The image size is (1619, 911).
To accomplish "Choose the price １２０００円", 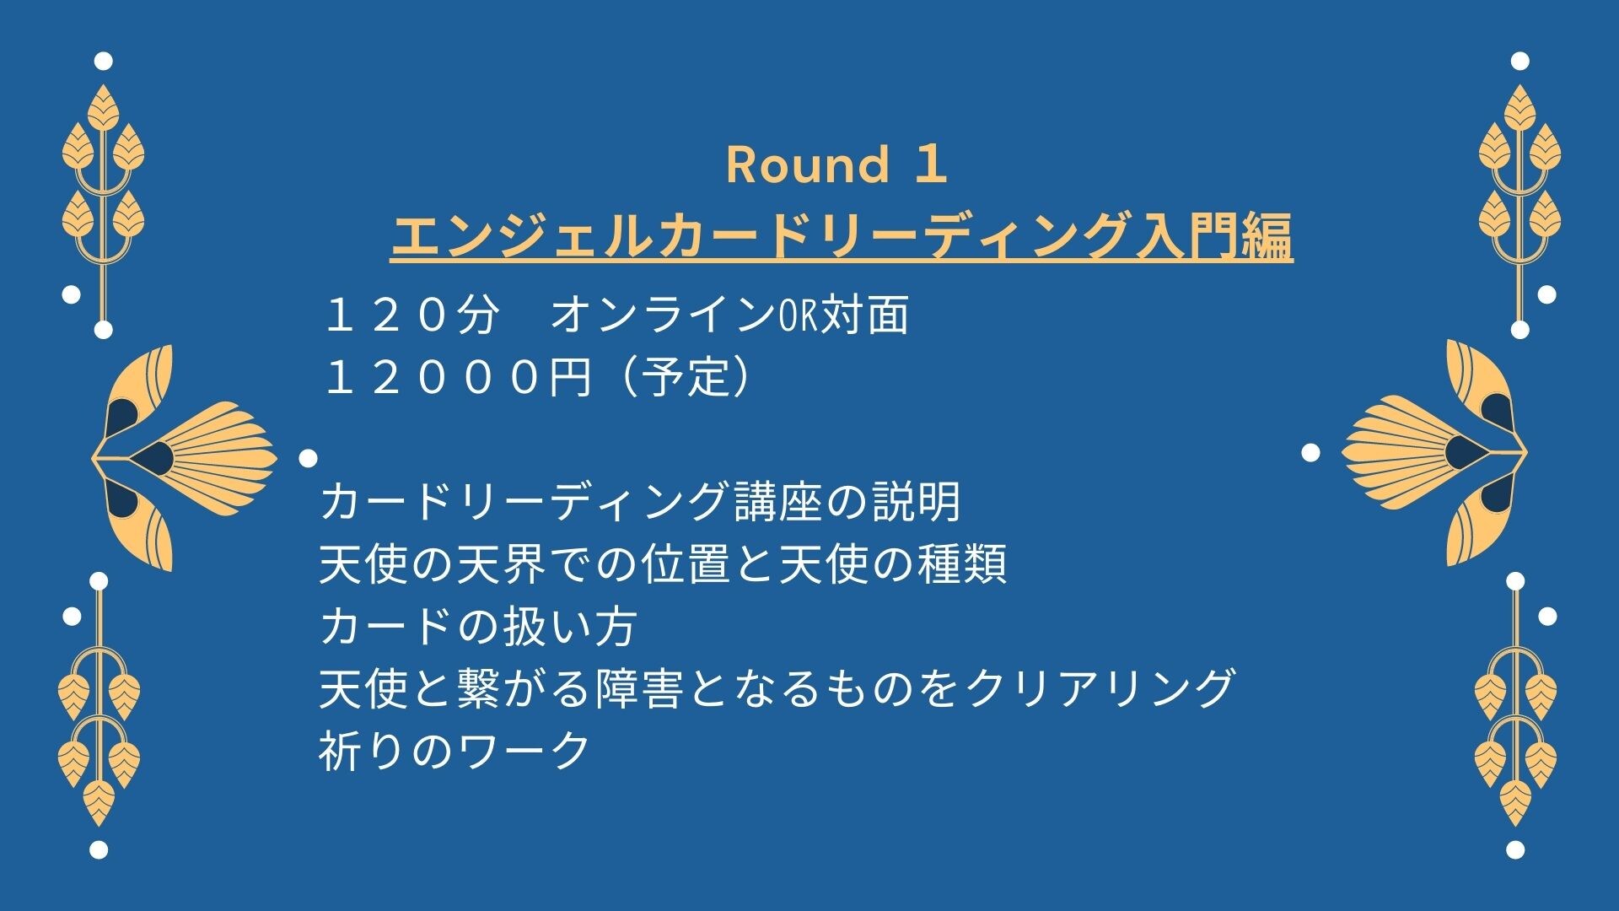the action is pyautogui.click(x=457, y=377).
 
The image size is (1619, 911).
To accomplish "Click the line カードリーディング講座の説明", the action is pyautogui.click(x=640, y=502).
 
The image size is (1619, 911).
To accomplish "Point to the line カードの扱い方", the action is pyautogui.click(x=478, y=627).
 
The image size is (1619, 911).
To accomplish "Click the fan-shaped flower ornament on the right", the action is pyautogui.click(x=1434, y=453).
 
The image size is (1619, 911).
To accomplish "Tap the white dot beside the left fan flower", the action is pyautogui.click(x=309, y=458).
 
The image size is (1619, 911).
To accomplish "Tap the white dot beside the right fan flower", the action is pyautogui.click(x=1310, y=453).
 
